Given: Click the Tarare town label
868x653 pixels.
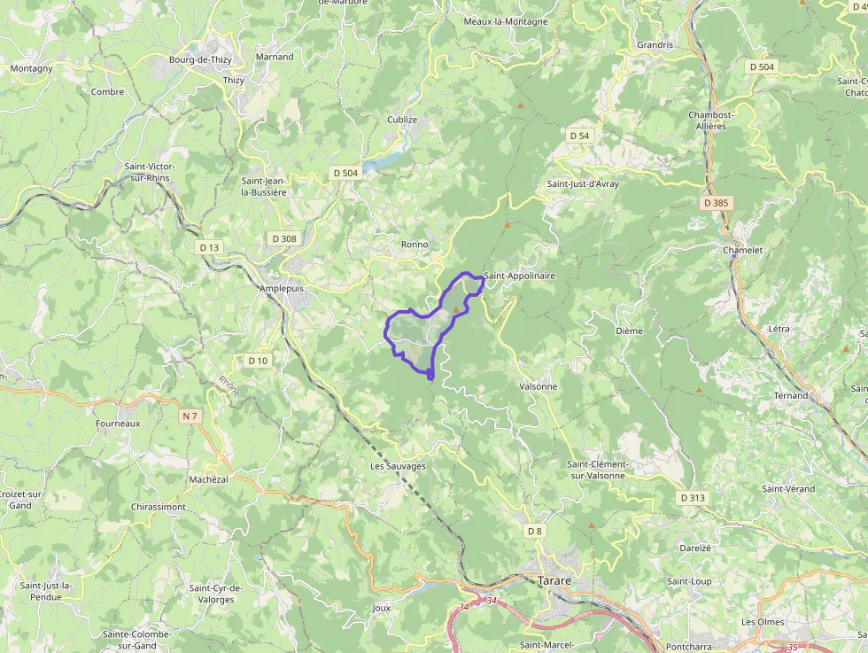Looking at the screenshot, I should tap(554, 580).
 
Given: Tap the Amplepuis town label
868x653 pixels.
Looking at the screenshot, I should tap(282, 289).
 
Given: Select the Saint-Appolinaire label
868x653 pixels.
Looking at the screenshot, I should tap(520, 276).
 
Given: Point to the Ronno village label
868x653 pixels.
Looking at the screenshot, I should tap(415, 244).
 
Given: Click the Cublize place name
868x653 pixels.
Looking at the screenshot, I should tap(402, 120).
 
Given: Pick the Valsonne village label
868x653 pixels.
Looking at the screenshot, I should tap(539, 386).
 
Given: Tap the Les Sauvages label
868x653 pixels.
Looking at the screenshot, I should tap(399, 466).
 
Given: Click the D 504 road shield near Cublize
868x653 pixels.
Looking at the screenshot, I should tap(345, 173).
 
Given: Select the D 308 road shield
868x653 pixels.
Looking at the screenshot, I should tap(284, 238).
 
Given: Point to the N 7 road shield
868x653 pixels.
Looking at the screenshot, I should tap(190, 416).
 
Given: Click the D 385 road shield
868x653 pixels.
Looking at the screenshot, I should tap(715, 203).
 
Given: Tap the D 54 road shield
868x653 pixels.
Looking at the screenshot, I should tap(579, 136).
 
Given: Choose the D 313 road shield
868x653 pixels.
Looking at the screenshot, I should tap(694, 498).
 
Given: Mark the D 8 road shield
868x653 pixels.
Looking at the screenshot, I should tap(534, 531).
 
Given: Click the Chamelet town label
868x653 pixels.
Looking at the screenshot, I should tap(743, 250).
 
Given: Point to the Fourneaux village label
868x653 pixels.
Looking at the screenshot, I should tap(118, 424).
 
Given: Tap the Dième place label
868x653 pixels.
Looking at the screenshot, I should tap(629, 330).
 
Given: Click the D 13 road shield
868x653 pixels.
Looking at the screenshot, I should tap(209, 247).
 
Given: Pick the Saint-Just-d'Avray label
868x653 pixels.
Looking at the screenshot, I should tap(583, 184).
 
